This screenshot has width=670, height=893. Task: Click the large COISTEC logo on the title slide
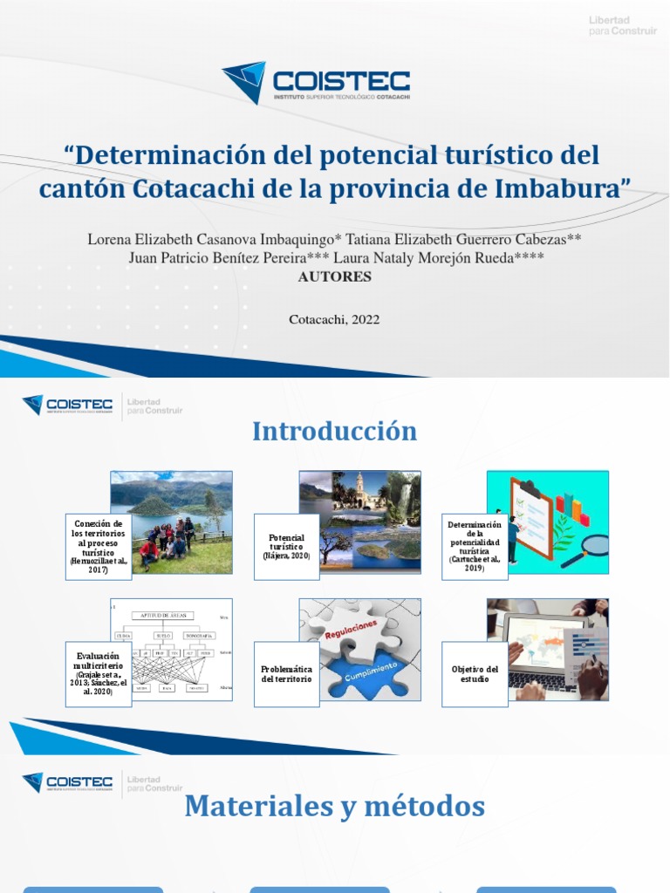[316, 83]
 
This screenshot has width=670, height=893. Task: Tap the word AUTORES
[335, 276]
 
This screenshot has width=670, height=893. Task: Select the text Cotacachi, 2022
[334, 319]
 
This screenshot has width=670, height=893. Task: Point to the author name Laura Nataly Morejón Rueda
[454, 258]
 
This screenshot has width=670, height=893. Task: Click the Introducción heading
[335, 431]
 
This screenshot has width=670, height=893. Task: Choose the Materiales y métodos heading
[335, 807]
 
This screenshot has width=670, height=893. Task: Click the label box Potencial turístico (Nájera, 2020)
[286, 547]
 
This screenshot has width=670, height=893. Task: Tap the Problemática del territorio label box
[286, 673]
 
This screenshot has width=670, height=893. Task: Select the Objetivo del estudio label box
[475, 673]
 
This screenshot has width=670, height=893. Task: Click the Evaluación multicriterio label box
[98, 673]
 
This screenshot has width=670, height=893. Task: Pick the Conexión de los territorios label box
[98, 547]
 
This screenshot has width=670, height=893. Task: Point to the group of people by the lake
[167, 541]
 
